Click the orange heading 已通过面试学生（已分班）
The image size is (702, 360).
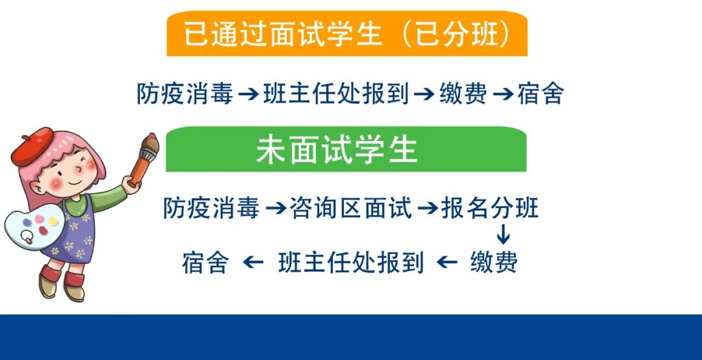click(x=346, y=34)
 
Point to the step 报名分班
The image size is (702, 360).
click(x=489, y=209)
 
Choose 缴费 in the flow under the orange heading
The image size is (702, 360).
click(x=463, y=94)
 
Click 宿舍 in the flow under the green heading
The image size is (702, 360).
click(x=205, y=263)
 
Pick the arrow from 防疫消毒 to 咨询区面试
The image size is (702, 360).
click(x=276, y=209)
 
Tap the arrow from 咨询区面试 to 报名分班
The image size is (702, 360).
click(x=427, y=209)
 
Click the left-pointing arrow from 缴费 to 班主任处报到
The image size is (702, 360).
click(x=447, y=263)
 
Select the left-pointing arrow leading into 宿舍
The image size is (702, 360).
click(x=253, y=263)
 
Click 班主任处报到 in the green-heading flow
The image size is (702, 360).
click(x=351, y=263)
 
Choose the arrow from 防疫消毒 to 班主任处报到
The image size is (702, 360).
click(x=248, y=95)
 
